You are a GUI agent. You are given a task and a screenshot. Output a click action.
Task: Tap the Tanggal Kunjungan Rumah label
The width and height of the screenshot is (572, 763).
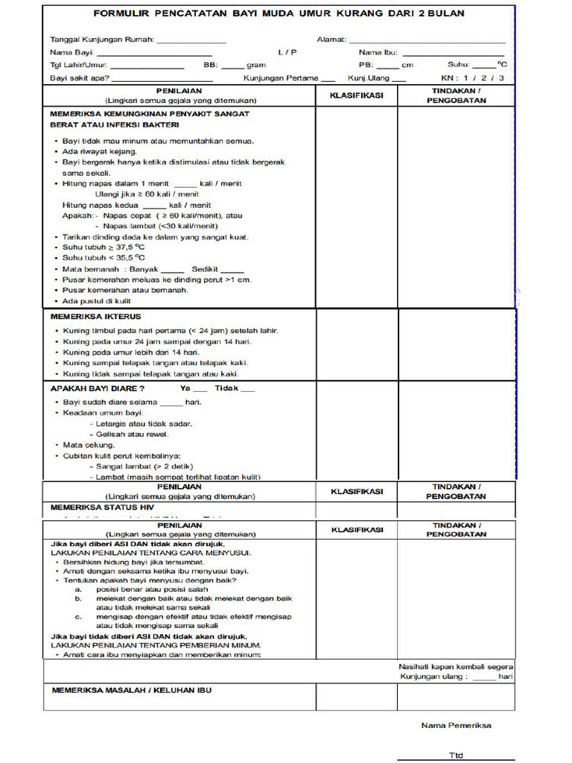click(x=102, y=39)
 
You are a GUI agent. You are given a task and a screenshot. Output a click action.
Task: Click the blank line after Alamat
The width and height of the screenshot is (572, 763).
click(x=427, y=40)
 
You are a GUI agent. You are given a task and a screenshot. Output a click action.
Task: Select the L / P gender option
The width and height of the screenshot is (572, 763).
click(x=287, y=52)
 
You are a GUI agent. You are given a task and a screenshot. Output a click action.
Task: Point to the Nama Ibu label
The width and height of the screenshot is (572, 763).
click(x=378, y=52)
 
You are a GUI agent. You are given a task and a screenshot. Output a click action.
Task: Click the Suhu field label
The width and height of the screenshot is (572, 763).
click(x=459, y=65)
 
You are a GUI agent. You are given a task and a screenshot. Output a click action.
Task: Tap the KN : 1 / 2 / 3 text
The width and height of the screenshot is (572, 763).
click(x=472, y=77)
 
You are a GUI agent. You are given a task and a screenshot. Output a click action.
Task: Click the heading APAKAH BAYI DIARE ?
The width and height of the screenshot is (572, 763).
click(x=98, y=389)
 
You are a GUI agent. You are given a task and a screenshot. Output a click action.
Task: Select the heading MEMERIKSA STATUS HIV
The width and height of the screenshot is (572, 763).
click(x=101, y=507)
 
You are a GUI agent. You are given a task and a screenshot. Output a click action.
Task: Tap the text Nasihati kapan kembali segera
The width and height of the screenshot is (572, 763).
click(x=456, y=666)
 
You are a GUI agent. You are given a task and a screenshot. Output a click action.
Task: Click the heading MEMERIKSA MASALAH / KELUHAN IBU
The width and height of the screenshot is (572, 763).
click(x=131, y=690)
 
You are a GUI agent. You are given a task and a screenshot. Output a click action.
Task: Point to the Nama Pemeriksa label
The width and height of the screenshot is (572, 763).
click(x=456, y=725)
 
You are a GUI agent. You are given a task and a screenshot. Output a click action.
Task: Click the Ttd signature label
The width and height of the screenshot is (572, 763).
click(x=455, y=755)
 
